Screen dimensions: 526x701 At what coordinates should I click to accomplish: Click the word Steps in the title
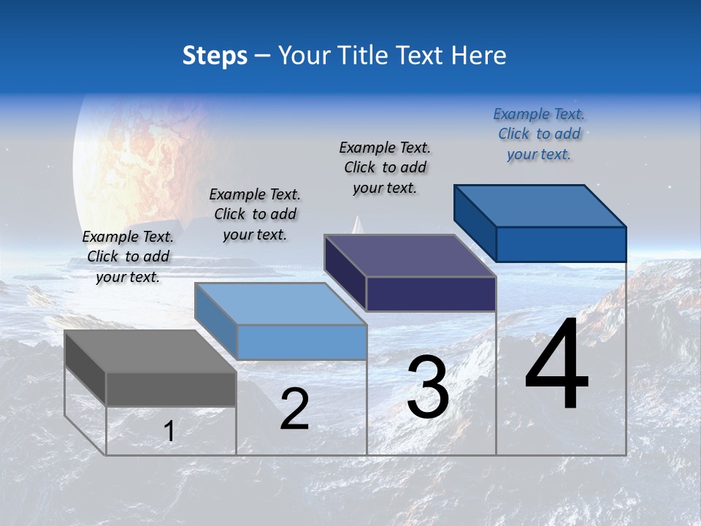click(215, 56)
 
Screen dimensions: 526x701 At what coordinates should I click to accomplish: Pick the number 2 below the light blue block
click(294, 409)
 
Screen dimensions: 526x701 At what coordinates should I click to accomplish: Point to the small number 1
click(169, 432)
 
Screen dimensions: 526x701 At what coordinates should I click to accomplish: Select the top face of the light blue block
click(280, 304)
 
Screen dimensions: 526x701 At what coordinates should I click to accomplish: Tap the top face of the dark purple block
click(410, 256)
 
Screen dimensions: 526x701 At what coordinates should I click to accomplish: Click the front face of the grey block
click(171, 389)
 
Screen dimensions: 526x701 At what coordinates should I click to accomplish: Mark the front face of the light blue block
click(302, 342)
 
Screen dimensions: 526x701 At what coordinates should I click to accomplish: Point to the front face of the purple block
click(431, 294)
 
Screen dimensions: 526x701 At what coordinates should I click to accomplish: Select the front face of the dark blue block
click(561, 244)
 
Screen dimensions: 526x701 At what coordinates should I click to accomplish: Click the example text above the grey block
click(128, 256)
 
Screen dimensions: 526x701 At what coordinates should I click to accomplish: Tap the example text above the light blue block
click(255, 214)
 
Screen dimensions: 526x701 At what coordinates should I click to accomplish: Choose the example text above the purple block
click(385, 167)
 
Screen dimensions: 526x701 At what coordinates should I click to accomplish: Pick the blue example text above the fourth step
click(539, 134)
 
